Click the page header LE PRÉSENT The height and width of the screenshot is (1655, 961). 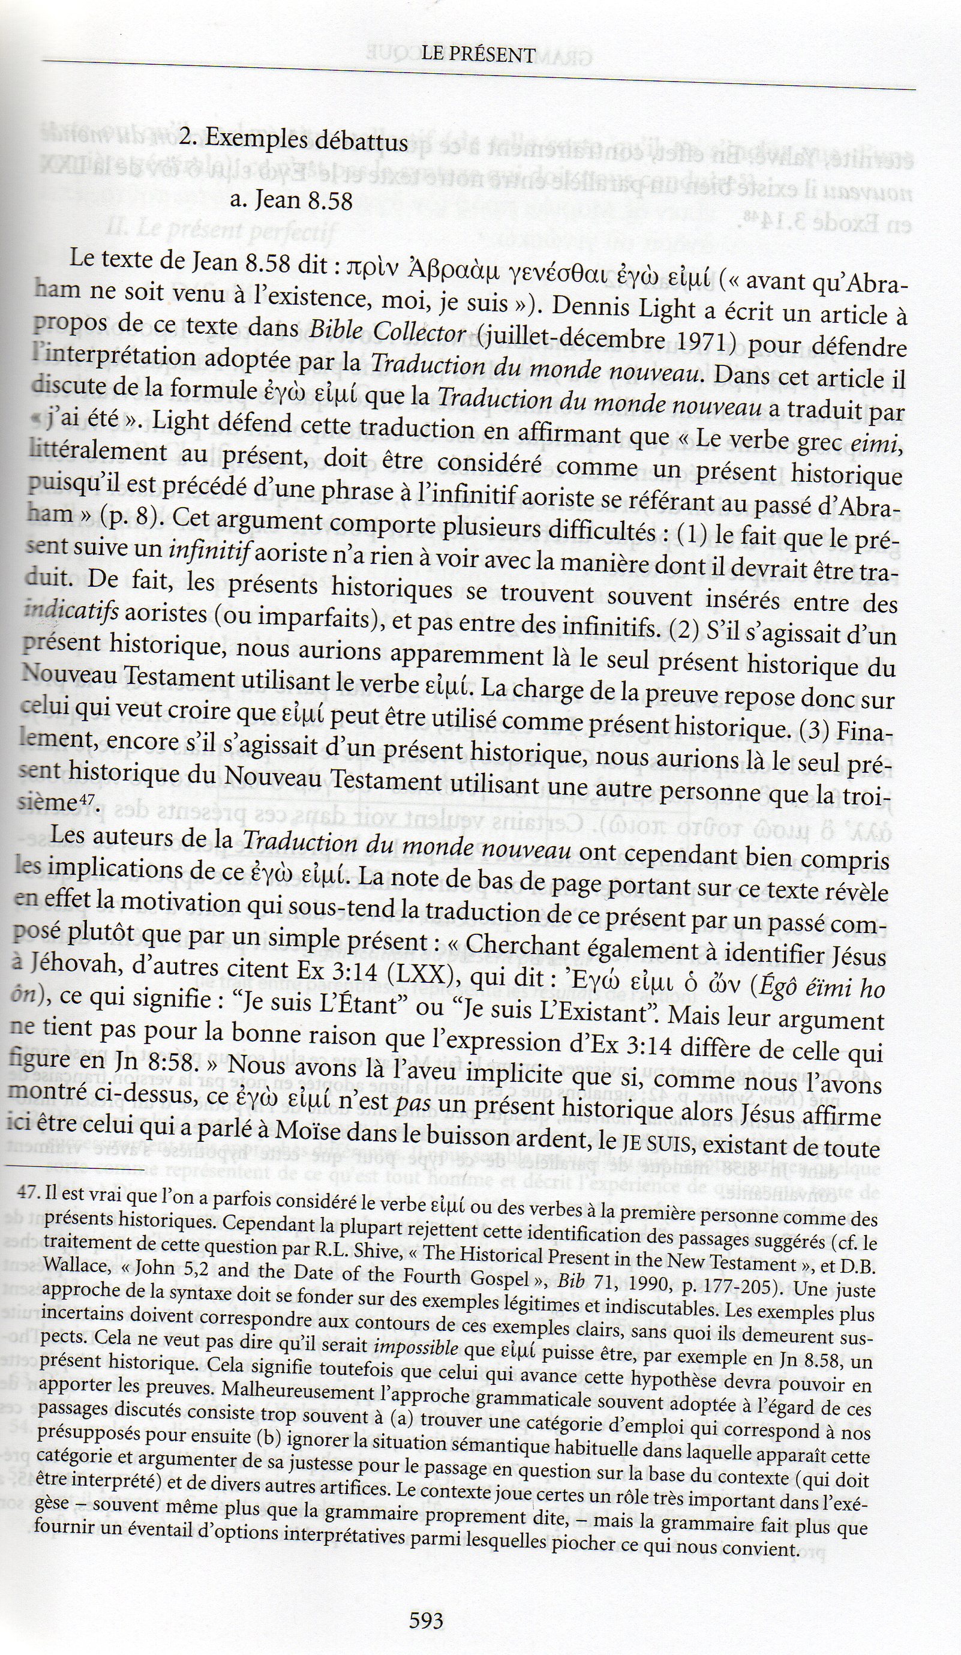pos(479,55)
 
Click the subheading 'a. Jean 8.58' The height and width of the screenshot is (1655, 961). pos(292,200)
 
